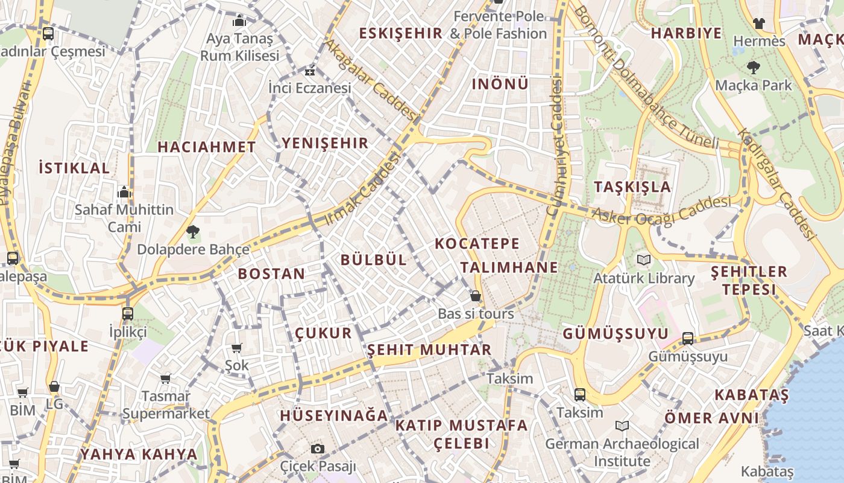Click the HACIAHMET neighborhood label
tap(207, 147)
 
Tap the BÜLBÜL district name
tap(374, 260)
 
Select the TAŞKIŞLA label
tap(632, 187)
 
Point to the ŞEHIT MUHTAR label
tap(429, 350)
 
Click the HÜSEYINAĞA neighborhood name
tap(334, 415)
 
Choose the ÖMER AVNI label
tap(711, 418)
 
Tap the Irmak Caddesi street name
tap(363, 190)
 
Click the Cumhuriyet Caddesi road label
tap(555, 147)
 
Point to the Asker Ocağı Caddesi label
tap(661, 211)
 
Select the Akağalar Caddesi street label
tap(371, 80)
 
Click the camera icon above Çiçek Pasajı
tap(318, 449)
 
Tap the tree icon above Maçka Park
tap(753, 67)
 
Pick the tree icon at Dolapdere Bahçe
tap(193, 231)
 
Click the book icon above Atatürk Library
tap(644, 260)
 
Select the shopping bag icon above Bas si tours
tap(476, 296)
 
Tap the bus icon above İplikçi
tap(128, 314)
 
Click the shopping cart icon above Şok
tap(237, 348)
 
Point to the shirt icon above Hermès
tap(758, 24)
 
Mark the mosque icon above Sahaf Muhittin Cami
tap(124, 192)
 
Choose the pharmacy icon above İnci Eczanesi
tap(310, 72)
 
